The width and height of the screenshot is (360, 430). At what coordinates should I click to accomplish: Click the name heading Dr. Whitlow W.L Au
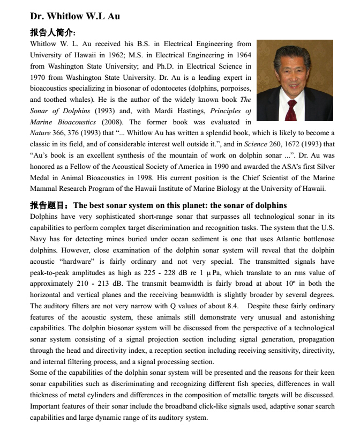point(74,16)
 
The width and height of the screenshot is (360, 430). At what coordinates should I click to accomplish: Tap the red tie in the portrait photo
point(291,109)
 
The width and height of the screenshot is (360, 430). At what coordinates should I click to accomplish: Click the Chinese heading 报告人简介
point(52,32)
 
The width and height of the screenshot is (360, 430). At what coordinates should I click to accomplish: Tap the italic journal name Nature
point(40,133)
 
